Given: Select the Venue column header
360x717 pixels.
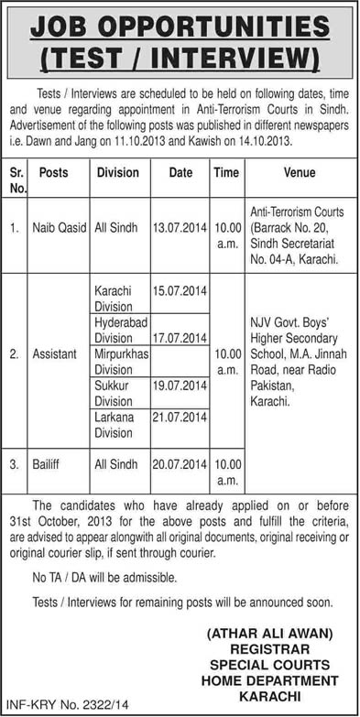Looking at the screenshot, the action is tap(299, 172).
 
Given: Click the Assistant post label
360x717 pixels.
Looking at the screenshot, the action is tap(55, 351).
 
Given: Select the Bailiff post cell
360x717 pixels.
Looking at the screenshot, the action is tap(49, 465).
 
